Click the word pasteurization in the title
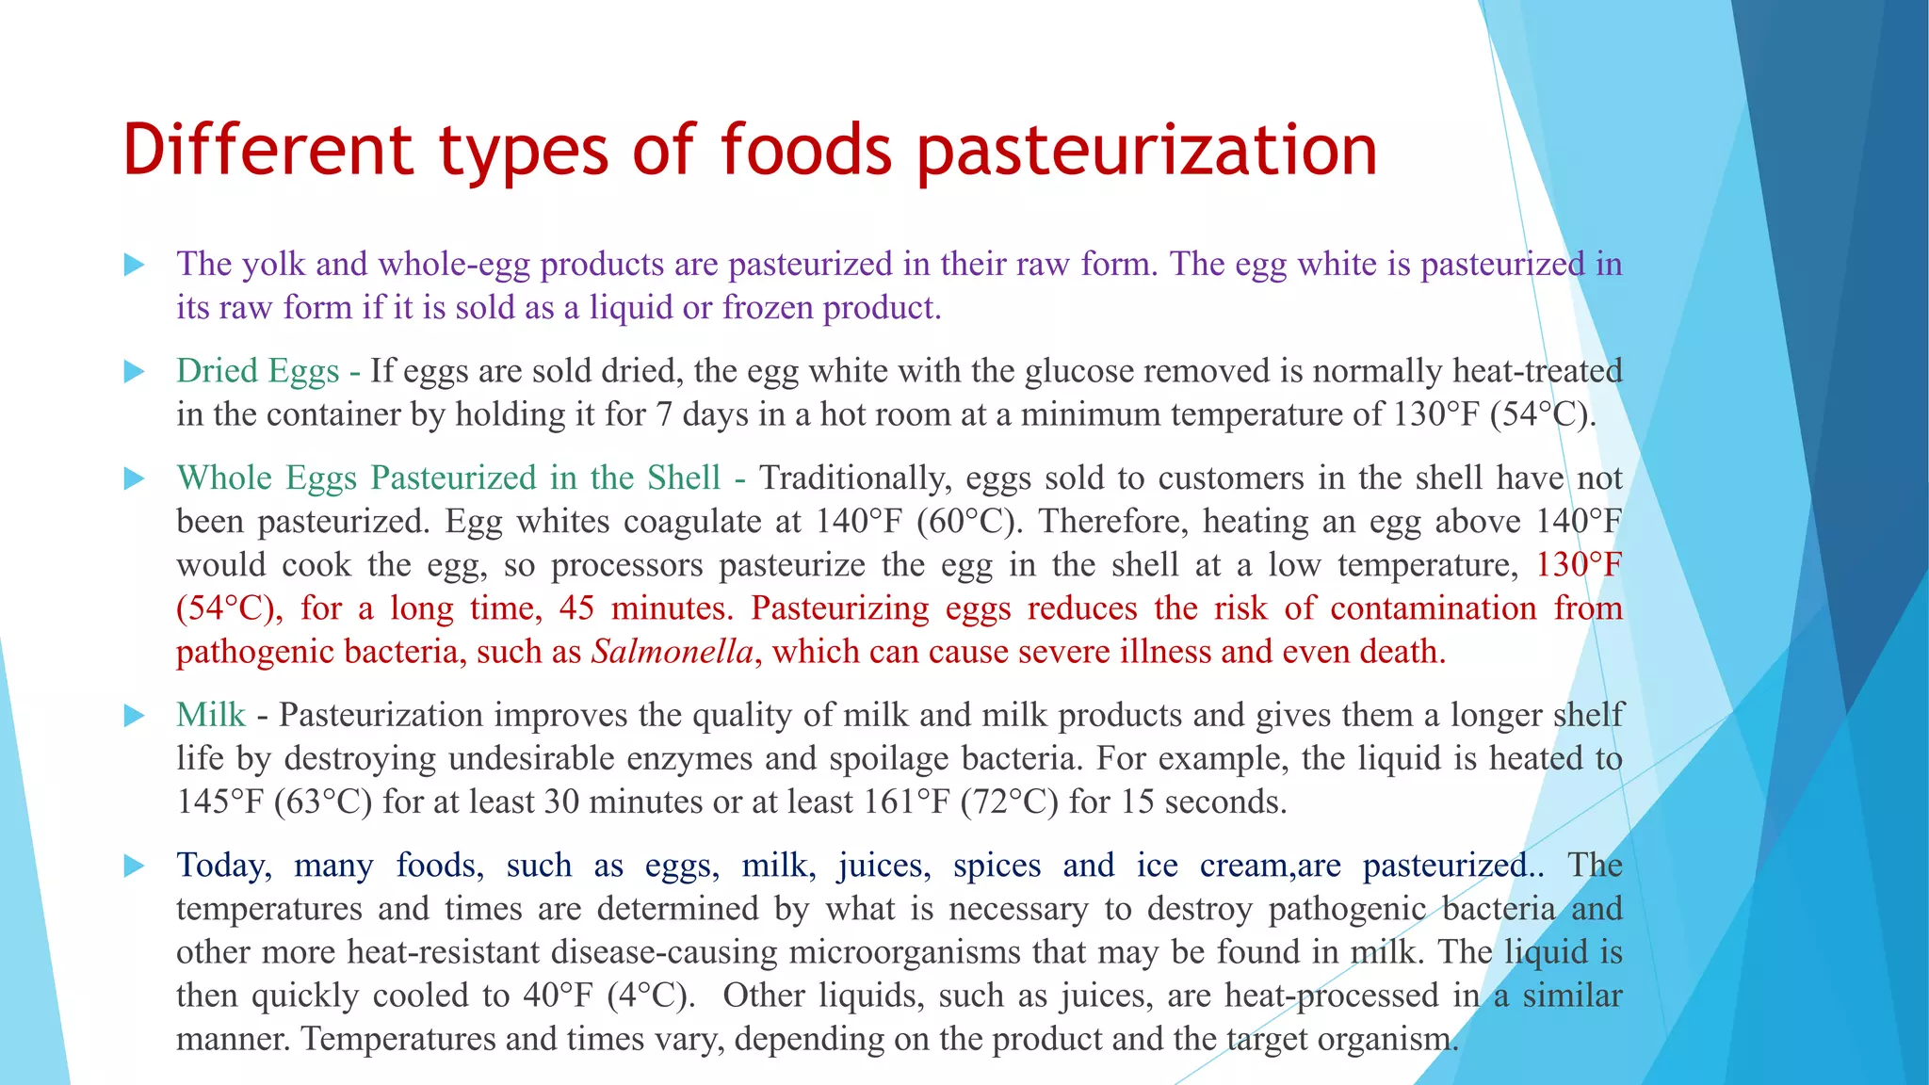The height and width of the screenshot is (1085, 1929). click(x=1146, y=151)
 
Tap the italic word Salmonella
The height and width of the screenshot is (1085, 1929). click(x=673, y=652)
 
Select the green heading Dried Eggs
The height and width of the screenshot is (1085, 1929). click(x=257, y=371)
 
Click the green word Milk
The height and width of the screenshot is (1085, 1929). click(x=211, y=715)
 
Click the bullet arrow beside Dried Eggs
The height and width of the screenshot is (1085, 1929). click(x=135, y=372)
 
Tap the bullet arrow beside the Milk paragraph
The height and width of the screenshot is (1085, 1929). click(x=135, y=716)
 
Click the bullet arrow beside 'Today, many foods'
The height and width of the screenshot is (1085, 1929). click(x=135, y=866)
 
